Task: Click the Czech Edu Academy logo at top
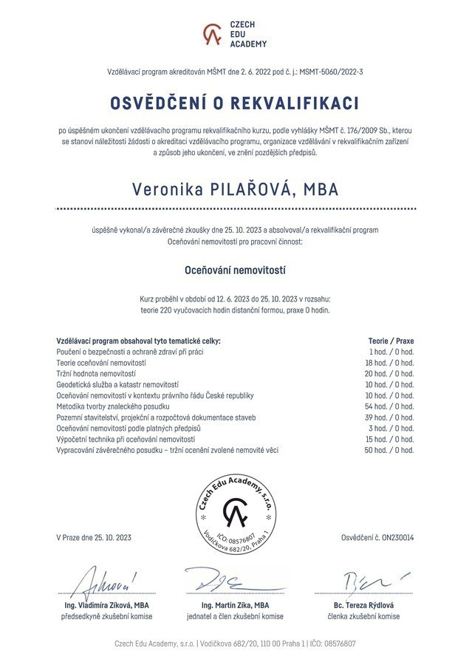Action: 234,34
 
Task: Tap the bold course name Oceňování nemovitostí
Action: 234,271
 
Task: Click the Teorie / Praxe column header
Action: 391,341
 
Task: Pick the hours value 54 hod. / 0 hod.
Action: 390,406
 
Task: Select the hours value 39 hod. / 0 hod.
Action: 390,417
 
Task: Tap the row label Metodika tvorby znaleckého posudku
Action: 113,406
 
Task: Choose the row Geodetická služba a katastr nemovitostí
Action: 117,385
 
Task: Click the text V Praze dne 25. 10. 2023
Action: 93,537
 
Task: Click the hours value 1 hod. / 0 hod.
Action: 391,352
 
